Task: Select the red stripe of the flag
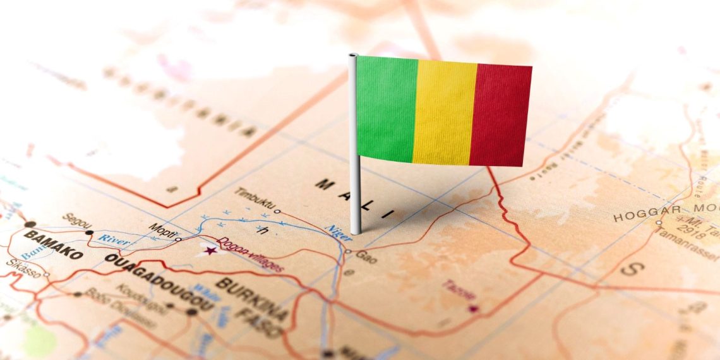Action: tap(500, 115)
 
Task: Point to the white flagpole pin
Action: tap(355, 189)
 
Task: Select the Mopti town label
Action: tap(160, 227)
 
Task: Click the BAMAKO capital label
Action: tap(53, 244)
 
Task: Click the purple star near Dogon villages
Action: tap(210, 251)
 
